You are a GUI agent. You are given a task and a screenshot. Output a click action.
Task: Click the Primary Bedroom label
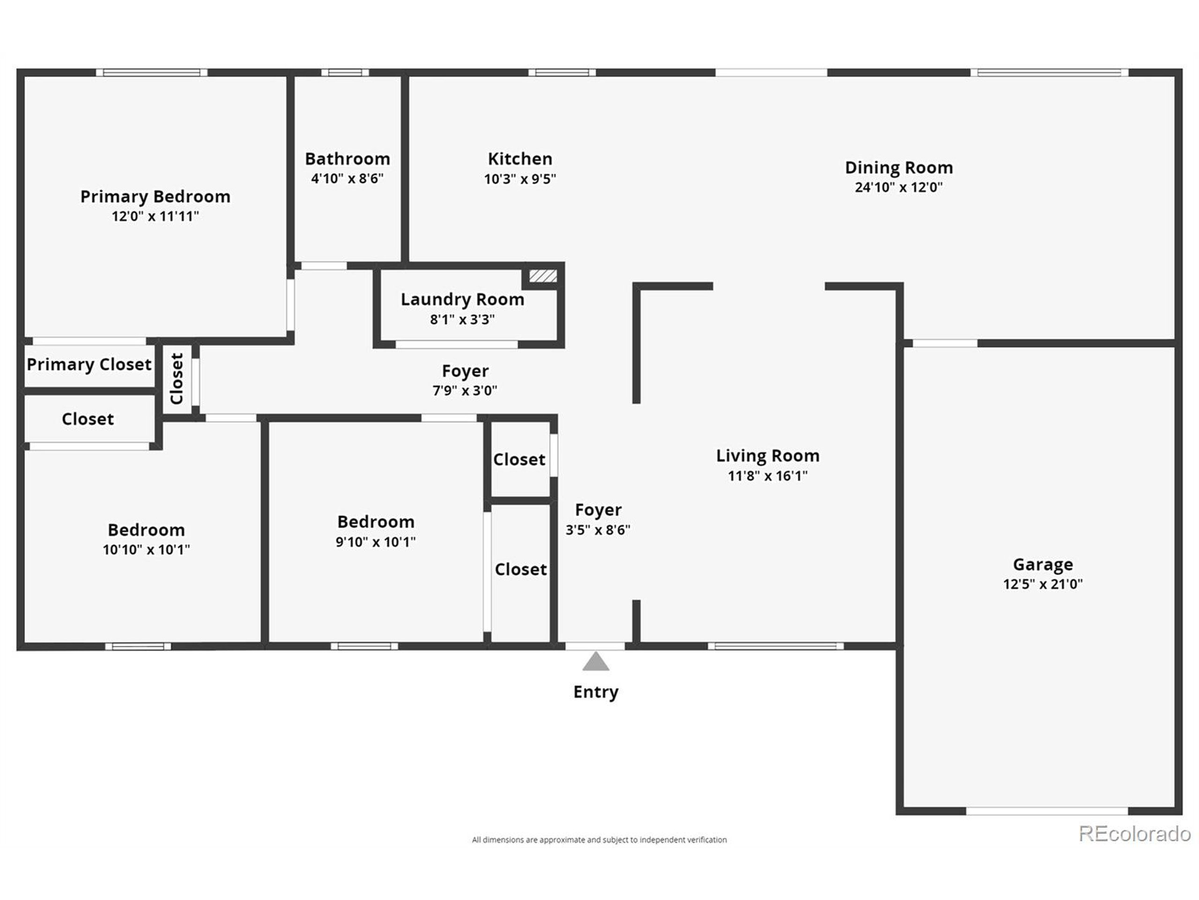click(x=155, y=196)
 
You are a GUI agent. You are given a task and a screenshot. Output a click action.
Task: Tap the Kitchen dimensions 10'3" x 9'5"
click(x=520, y=179)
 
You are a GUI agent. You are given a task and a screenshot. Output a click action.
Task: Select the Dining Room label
click(x=899, y=168)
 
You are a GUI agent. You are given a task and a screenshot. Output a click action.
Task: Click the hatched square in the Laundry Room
click(x=542, y=276)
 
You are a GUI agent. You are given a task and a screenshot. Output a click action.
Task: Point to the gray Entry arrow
click(x=596, y=661)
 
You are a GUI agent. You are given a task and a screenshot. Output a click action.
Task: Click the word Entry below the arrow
click(x=596, y=692)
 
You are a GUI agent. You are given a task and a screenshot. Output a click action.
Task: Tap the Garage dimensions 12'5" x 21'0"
click(x=1043, y=584)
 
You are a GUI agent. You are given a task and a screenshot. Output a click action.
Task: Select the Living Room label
click(x=768, y=456)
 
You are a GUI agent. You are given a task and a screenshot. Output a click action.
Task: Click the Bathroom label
click(x=348, y=159)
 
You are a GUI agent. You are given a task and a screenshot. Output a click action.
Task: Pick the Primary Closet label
click(x=89, y=365)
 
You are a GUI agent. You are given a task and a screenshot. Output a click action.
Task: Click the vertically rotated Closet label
click(x=177, y=379)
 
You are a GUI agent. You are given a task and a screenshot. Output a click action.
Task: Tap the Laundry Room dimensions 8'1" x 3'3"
click(x=462, y=320)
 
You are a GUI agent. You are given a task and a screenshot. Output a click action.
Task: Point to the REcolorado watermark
click(x=1134, y=833)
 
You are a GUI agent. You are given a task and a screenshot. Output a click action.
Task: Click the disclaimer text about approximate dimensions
click(x=599, y=840)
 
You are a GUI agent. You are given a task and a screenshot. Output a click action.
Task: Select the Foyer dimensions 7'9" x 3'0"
click(x=465, y=390)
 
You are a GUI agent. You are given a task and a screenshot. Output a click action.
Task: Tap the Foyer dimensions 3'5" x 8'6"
click(x=598, y=530)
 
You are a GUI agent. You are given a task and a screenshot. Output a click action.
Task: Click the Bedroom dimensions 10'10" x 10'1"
click(x=146, y=549)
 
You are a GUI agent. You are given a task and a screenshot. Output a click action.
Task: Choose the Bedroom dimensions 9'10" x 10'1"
click(x=375, y=542)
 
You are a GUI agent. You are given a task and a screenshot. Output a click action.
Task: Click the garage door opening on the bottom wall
click(x=1047, y=811)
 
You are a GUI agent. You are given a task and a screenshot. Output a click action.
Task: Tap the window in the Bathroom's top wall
click(x=345, y=73)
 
